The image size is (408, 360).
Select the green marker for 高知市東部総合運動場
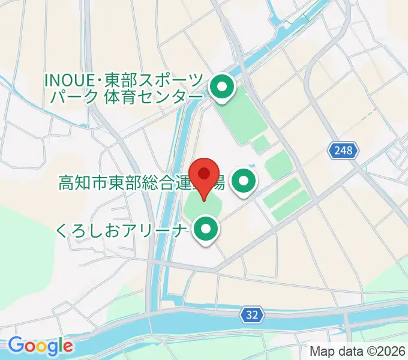[244, 181]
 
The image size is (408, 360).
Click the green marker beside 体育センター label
[222, 89]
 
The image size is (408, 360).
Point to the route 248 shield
[345, 150]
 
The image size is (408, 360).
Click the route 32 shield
[253, 314]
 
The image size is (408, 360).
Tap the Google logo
[40, 346]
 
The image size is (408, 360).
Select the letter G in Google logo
[15, 346]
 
